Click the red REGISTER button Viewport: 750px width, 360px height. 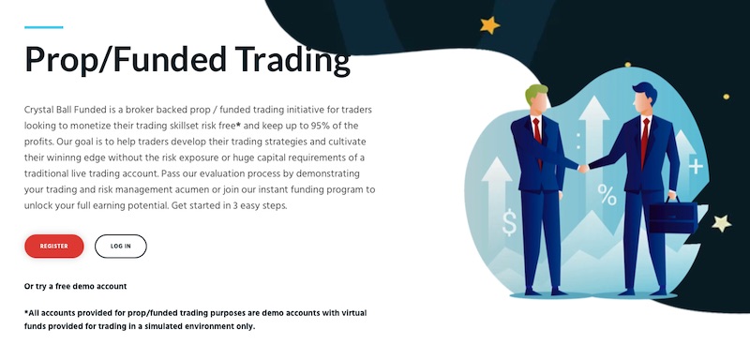tap(54, 246)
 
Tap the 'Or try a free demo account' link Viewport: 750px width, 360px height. tap(75, 286)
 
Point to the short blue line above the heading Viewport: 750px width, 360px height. tap(43, 27)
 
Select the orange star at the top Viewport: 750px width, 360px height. tap(489, 25)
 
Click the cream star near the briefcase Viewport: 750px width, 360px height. tap(720, 223)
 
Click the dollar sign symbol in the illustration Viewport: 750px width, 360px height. tap(509, 222)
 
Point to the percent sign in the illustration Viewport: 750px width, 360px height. tap(607, 195)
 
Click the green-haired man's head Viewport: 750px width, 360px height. tap(537, 99)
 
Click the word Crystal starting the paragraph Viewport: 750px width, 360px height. tap(42, 110)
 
